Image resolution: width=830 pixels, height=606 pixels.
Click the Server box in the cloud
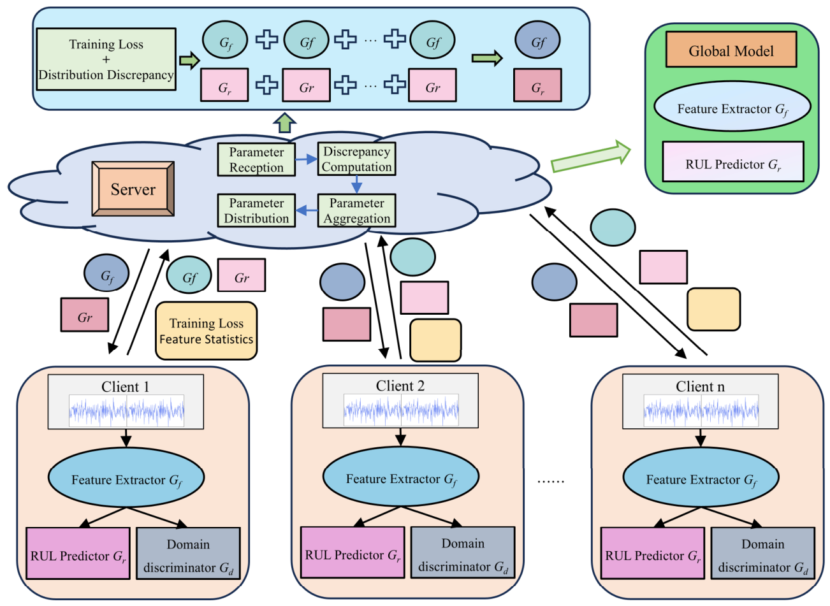(x=133, y=189)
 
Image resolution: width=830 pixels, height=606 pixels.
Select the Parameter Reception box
(x=256, y=160)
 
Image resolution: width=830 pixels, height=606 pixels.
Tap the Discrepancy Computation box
(x=357, y=159)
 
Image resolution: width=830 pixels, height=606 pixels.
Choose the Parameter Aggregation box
(x=357, y=210)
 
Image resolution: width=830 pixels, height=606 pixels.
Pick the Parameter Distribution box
(x=256, y=210)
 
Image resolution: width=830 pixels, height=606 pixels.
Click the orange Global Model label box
(x=731, y=49)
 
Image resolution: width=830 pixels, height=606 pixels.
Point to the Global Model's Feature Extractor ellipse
(x=732, y=106)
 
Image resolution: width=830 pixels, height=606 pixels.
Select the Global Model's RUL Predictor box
(x=733, y=161)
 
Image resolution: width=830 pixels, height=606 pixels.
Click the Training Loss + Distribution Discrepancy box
(x=106, y=59)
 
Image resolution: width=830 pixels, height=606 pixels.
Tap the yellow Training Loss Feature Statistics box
(x=207, y=331)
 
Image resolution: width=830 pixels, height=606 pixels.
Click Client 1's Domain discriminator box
(x=188, y=553)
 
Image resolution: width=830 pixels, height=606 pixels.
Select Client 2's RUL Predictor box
(x=353, y=552)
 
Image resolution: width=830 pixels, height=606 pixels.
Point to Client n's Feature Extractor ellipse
(x=701, y=477)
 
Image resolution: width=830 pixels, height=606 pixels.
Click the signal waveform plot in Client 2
(x=401, y=410)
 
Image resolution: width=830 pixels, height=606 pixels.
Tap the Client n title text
(x=700, y=386)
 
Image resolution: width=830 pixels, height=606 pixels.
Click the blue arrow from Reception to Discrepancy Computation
(x=307, y=159)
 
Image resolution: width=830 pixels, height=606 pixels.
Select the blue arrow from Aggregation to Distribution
(x=307, y=210)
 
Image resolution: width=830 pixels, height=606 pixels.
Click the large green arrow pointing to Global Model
(x=591, y=156)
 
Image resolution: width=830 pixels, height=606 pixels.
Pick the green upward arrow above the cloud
(x=284, y=122)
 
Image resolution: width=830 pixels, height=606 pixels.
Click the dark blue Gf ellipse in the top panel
(x=537, y=40)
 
